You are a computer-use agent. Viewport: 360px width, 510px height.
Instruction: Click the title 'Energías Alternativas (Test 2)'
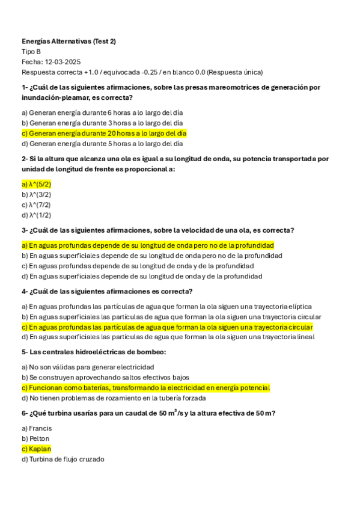(x=69, y=41)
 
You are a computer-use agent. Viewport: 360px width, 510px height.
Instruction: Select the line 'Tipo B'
(x=31, y=52)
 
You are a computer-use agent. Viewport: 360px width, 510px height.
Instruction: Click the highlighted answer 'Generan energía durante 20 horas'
(x=104, y=133)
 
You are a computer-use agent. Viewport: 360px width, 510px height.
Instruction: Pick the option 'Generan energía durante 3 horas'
(x=102, y=123)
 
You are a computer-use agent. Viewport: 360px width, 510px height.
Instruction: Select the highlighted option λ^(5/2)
(x=36, y=184)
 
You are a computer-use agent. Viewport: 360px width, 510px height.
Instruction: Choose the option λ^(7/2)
(x=36, y=204)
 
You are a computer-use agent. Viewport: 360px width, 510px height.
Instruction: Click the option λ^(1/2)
(x=36, y=215)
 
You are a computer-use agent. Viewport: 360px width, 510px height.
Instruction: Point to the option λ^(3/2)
(x=36, y=194)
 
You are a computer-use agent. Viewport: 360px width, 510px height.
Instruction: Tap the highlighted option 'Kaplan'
(x=36, y=449)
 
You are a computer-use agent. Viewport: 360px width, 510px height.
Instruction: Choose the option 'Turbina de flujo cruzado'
(x=63, y=459)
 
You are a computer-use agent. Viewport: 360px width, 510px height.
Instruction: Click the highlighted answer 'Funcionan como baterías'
(x=145, y=388)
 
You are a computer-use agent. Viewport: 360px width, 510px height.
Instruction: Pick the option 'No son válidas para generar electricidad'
(x=88, y=367)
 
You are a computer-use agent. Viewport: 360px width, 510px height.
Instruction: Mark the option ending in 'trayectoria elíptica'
(x=166, y=306)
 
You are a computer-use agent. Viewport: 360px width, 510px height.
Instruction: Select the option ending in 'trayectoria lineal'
(x=168, y=337)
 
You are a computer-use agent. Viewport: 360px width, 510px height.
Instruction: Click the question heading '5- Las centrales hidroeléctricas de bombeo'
(x=93, y=352)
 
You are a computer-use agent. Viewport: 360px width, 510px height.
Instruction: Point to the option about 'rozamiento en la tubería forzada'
(x=114, y=398)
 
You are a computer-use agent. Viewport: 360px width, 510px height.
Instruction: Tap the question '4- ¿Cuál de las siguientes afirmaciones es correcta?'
(x=106, y=291)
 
